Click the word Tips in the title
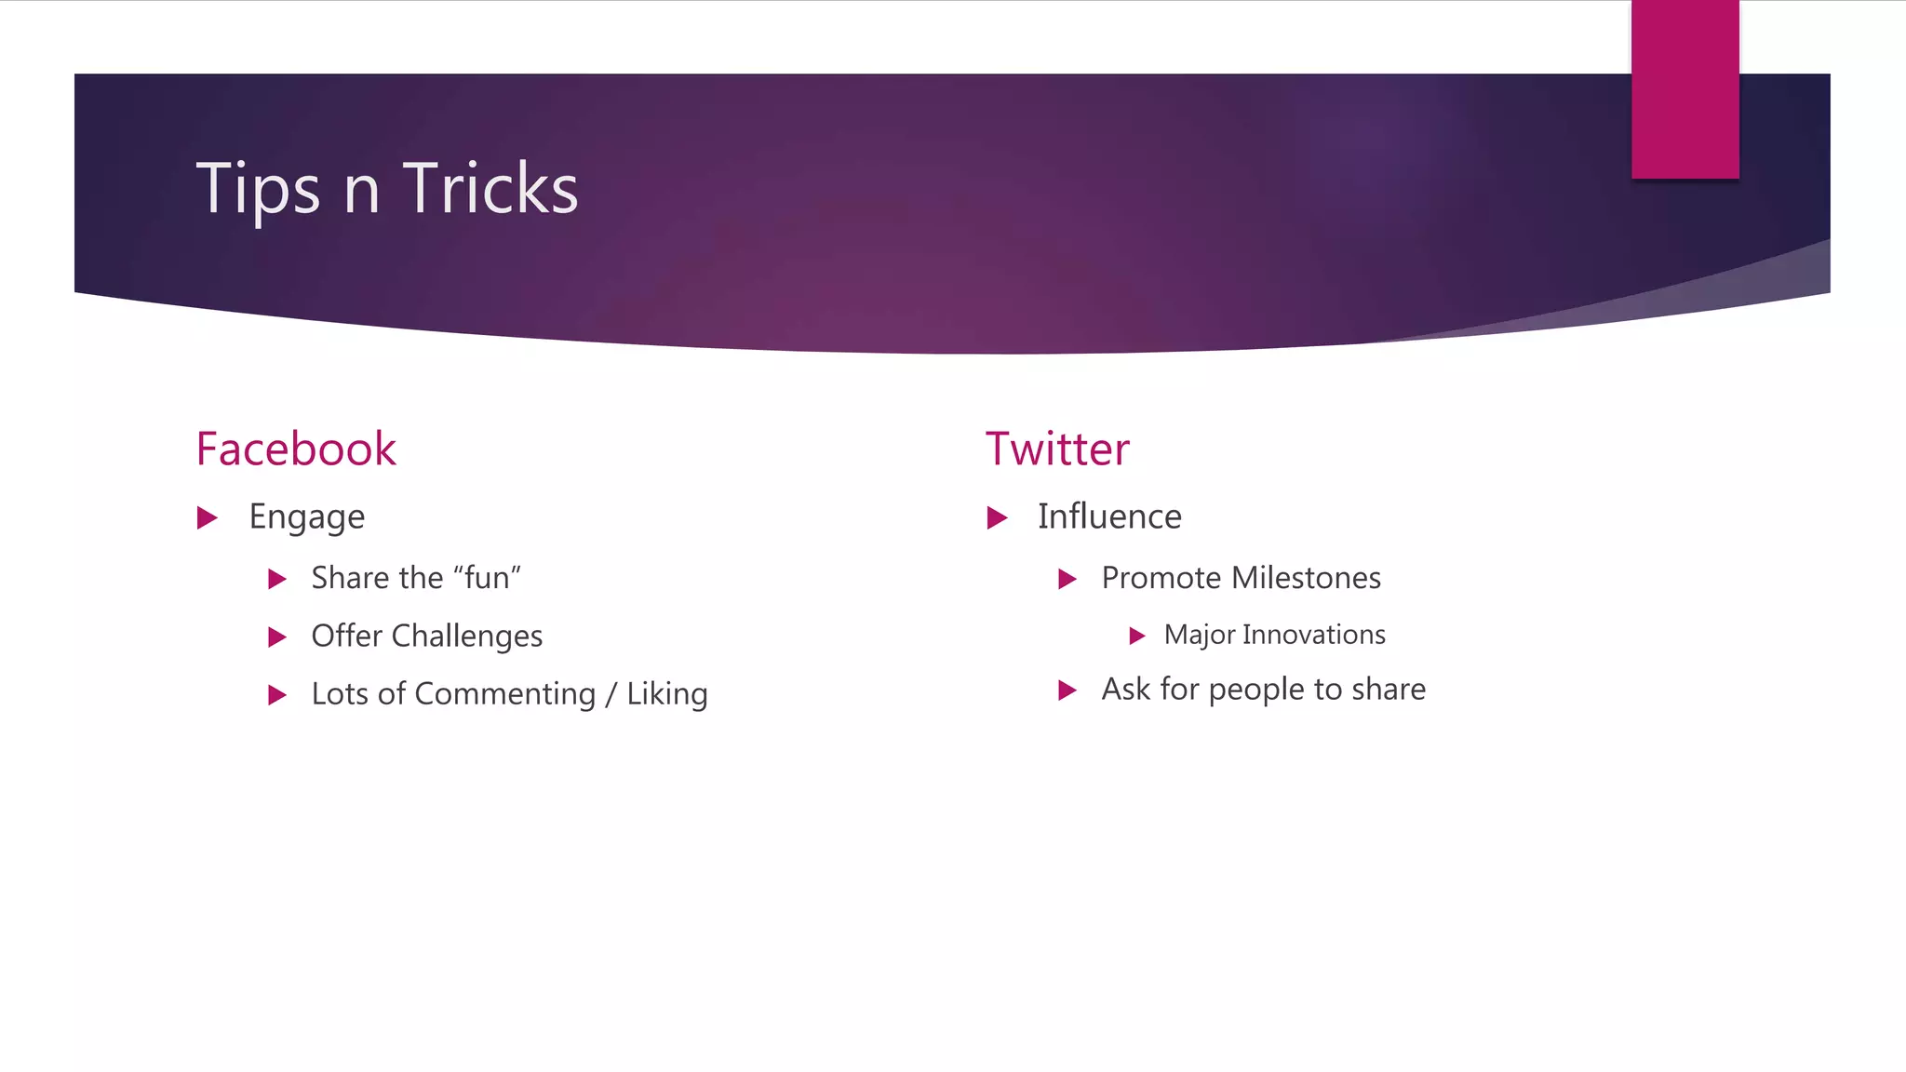(x=258, y=189)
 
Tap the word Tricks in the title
(x=490, y=189)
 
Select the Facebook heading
(x=296, y=449)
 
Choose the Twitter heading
(x=1057, y=449)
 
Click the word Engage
(x=306, y=517)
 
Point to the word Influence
(x=1109, y=516)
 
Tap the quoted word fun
(x=487, y=578)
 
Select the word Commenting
(x=504, y=694)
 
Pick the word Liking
(x=666, y=694)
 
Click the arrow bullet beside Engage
(x=208, y=517)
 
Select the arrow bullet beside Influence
(x=997, y=517)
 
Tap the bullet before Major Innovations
(x=1136, y=636)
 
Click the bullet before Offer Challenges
(x=276, y=637)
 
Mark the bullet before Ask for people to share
(x=1067, y=690)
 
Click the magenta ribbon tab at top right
(x=1685, y=89)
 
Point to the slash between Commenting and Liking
(x=611, y=694)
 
